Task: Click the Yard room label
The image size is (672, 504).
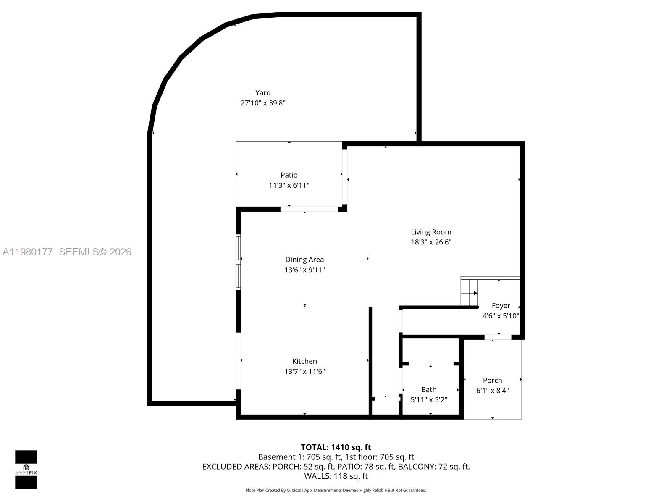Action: (263, 93)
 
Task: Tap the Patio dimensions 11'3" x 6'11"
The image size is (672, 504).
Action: (289, 185)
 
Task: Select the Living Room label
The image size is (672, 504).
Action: (431, 232)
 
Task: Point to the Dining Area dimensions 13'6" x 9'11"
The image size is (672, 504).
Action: (304, 270)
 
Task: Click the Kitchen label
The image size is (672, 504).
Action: (304, 361)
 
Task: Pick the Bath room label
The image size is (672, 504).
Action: (429, 390)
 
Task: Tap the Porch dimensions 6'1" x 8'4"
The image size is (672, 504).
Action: (492, 391)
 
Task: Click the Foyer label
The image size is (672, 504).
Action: (501, 306)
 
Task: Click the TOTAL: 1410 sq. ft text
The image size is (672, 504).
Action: (336, 447)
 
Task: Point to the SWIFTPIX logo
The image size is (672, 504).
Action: (26, 470)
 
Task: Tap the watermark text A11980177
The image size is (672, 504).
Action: (28, 252)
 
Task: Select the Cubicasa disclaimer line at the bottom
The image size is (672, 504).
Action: (336, 490)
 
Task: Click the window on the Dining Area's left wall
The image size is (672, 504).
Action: (238, 262)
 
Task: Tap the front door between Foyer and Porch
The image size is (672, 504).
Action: (498, 337)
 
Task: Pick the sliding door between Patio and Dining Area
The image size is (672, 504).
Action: (309, 209)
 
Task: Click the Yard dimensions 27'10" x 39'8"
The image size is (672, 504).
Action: (263, 103)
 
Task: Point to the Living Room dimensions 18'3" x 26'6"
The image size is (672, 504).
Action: (431, 242)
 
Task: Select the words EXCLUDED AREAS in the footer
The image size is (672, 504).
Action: (235, 467)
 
